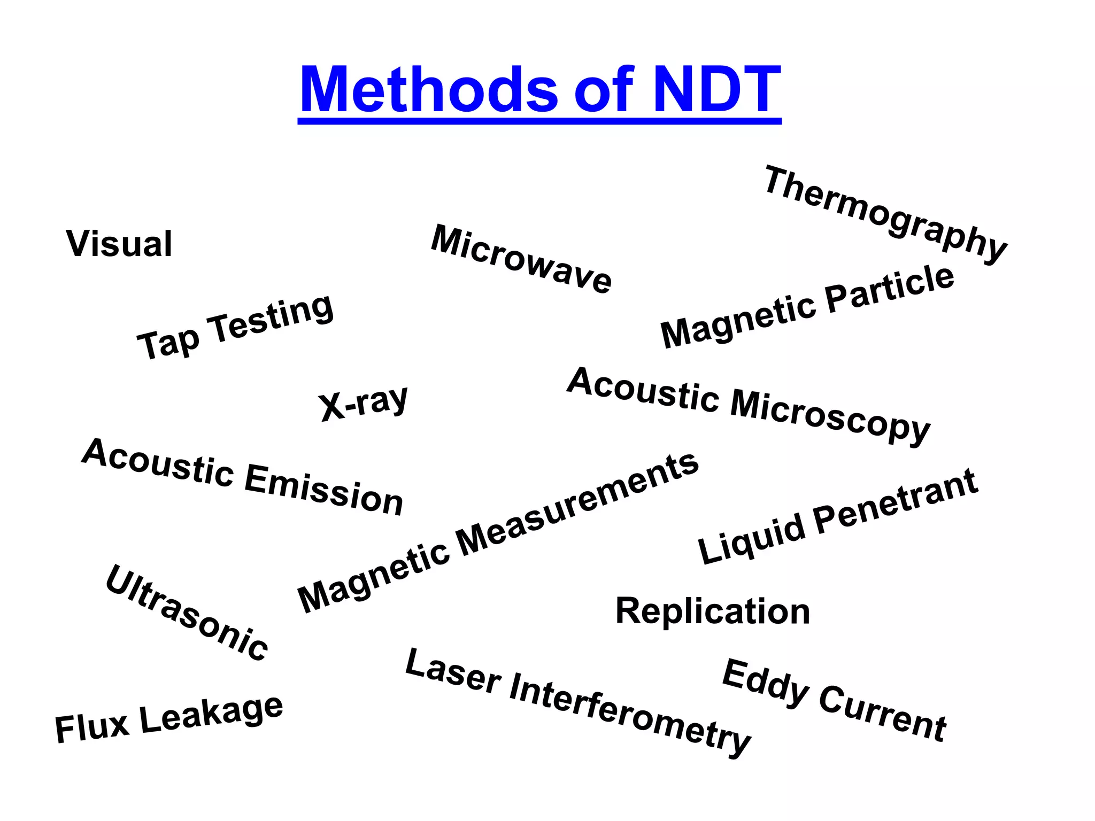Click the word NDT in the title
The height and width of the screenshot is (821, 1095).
point(716,89)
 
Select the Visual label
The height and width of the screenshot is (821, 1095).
point(119,244)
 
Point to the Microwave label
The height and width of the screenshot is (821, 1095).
point(521,260)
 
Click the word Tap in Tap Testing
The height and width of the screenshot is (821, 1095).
point(168,344)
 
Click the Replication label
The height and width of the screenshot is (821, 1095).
point(713,611)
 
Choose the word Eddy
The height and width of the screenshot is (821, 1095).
point(765,684)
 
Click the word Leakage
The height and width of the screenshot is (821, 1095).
point(211,714)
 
